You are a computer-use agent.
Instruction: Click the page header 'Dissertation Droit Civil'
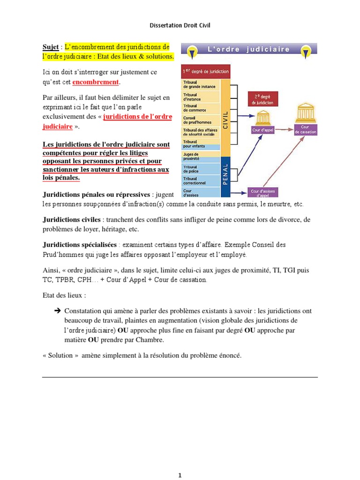[180, 25]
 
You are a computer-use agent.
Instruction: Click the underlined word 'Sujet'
[50, 47]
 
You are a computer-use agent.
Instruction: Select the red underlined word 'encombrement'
[96, 82]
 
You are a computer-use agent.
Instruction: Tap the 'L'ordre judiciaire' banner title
[249, 49]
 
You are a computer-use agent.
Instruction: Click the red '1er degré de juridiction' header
[205, 72]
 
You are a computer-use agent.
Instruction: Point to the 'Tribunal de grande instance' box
[200, 85]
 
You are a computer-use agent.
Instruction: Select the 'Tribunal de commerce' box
[200, 108]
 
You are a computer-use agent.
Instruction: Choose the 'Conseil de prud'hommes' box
[200, 120]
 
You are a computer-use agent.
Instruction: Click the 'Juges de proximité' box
[200, 156]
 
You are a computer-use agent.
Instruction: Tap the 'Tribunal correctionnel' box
[200, 180]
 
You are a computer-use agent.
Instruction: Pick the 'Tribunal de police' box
[200, 168]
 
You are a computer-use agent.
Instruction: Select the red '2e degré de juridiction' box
[263, 99]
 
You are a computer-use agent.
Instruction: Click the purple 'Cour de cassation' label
[306, 130]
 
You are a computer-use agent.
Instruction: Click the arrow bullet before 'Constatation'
[58, 311]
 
